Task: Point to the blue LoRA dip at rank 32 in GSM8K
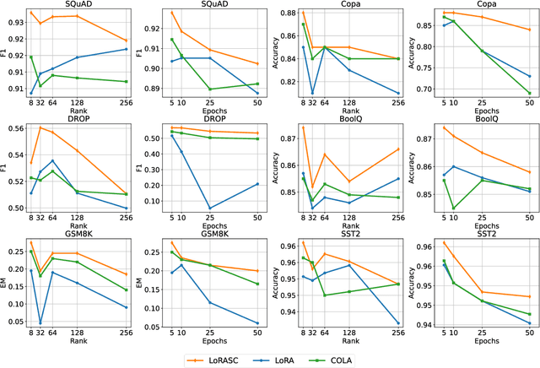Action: (40, 322)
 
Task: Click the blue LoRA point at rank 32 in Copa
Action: (311, 93)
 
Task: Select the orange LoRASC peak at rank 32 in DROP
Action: (40, 127)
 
